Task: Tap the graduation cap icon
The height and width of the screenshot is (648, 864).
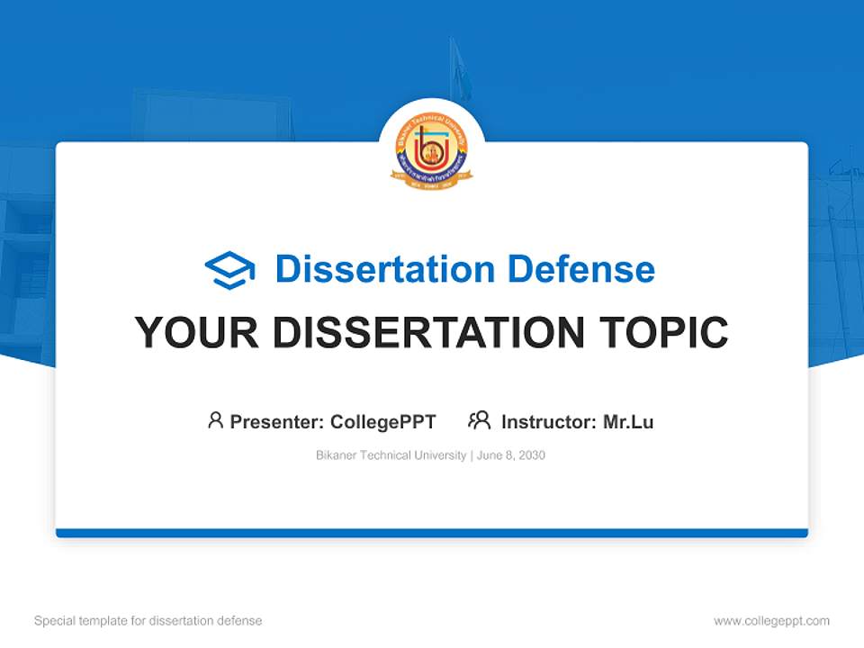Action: coord(229,269)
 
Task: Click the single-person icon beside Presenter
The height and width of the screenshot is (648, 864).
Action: coord(215,420)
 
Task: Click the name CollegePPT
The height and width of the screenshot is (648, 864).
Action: coord(383,421)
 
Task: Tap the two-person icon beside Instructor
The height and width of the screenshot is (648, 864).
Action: coord(479,420)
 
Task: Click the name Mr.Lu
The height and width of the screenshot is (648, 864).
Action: coord(628,421)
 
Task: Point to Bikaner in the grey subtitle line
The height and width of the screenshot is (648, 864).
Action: coord(336,455)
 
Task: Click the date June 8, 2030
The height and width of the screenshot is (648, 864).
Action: coord(511,455)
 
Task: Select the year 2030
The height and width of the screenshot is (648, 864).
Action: coord(531,455)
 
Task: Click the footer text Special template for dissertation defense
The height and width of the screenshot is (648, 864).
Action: coord(148,621)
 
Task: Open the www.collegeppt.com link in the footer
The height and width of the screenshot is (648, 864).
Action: coord(771,621)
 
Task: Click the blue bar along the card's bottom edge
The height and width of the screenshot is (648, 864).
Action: coord(432,533)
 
